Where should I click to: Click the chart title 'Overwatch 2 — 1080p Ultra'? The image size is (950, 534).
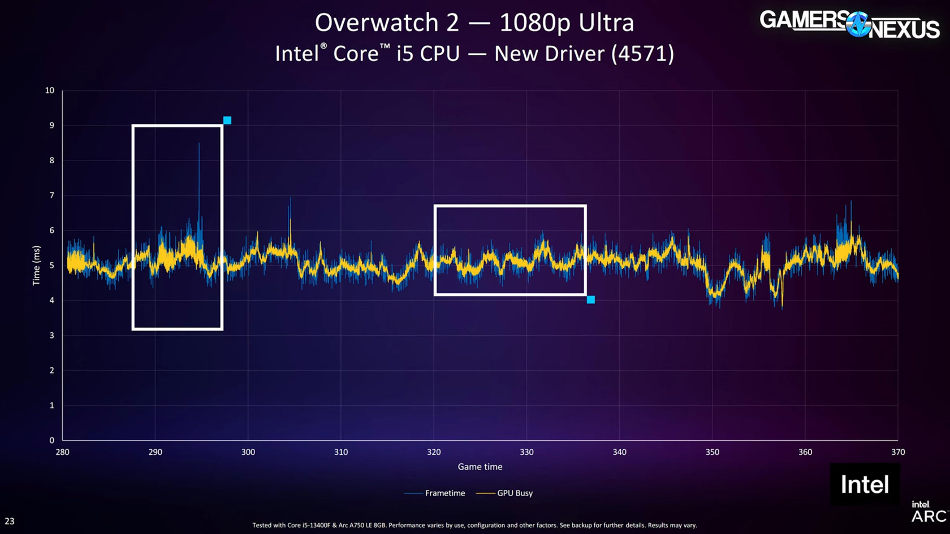pos(474,23)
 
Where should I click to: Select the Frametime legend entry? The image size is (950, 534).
pos(444,493)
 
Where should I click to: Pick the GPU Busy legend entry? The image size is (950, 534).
pos(515,493)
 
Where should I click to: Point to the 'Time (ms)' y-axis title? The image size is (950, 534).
pos(37,266)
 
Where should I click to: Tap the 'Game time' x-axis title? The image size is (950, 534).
pos(480,467)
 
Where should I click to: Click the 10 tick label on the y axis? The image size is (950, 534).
pos(50,90)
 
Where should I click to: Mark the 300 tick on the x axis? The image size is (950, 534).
pos(248,452)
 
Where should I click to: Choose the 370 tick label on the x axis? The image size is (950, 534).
pos(897,452)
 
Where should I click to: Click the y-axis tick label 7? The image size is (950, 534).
pos(51,196)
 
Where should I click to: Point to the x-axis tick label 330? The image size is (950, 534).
pos(526,452)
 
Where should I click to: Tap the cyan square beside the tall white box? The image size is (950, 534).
pos(227,120)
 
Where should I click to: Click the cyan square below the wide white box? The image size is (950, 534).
pos(590,300)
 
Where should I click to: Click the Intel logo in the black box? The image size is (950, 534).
pos(865,485)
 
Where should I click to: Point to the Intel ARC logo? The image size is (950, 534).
pos(929,511)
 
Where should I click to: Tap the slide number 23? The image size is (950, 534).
pos(10,521)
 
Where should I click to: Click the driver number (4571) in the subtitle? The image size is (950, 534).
pos(642,54)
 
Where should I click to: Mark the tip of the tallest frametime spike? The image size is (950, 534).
pos(199,144)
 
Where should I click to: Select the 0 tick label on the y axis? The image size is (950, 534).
pos(51,440)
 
